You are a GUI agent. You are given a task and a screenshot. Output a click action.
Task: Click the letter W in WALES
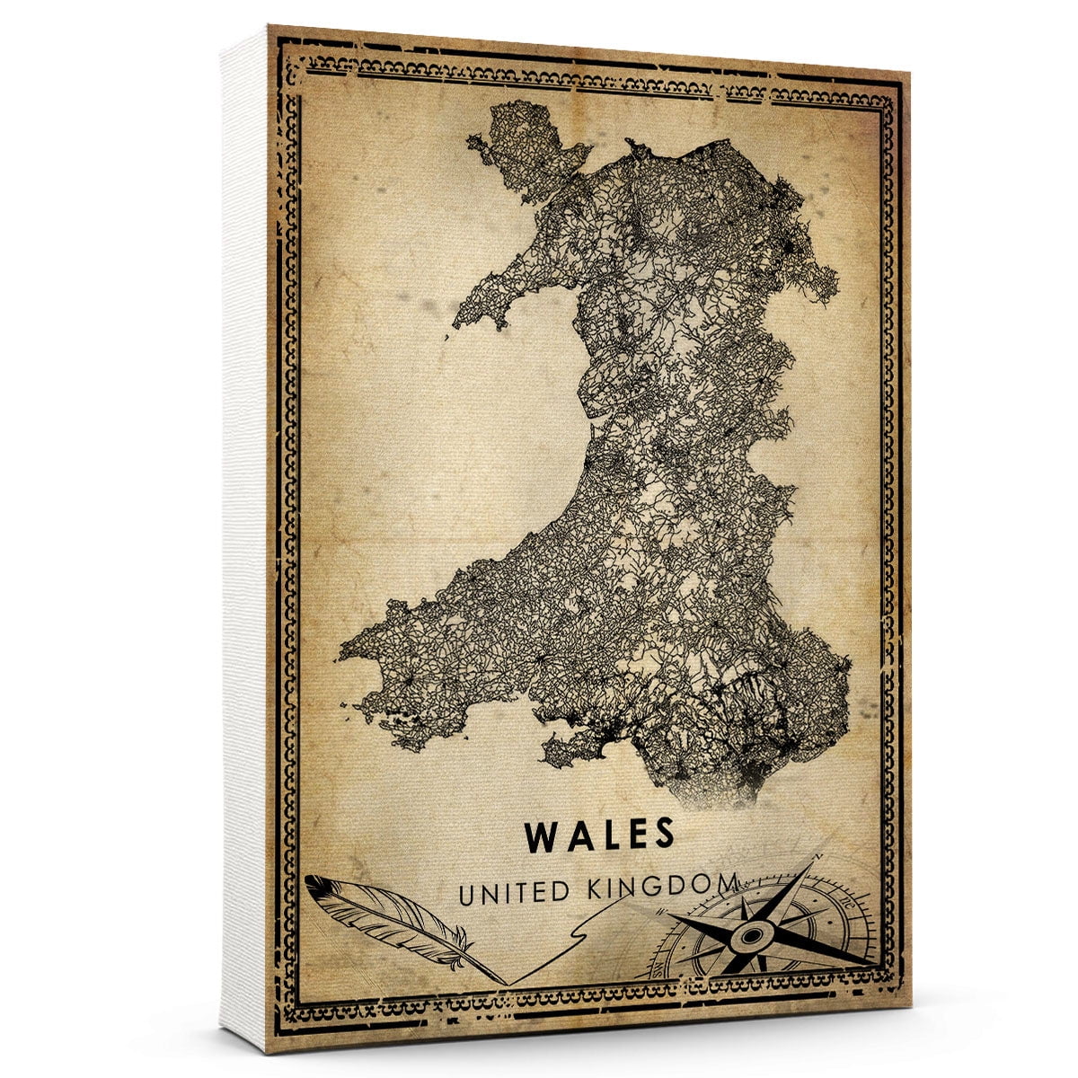(x=542, y=835)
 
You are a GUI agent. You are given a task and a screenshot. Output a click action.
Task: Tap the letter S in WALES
(x=662, y=835)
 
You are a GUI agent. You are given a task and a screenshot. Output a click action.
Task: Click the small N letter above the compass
(x=817, y=858)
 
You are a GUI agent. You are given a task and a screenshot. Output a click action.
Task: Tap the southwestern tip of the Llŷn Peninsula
(x=458, y=323)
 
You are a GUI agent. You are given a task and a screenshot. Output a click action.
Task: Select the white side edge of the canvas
(x=243, y=539)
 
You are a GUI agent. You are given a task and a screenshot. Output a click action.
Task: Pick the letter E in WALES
(x=634, y=835)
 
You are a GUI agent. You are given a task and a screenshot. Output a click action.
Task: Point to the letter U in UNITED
(x=467, y=895)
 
